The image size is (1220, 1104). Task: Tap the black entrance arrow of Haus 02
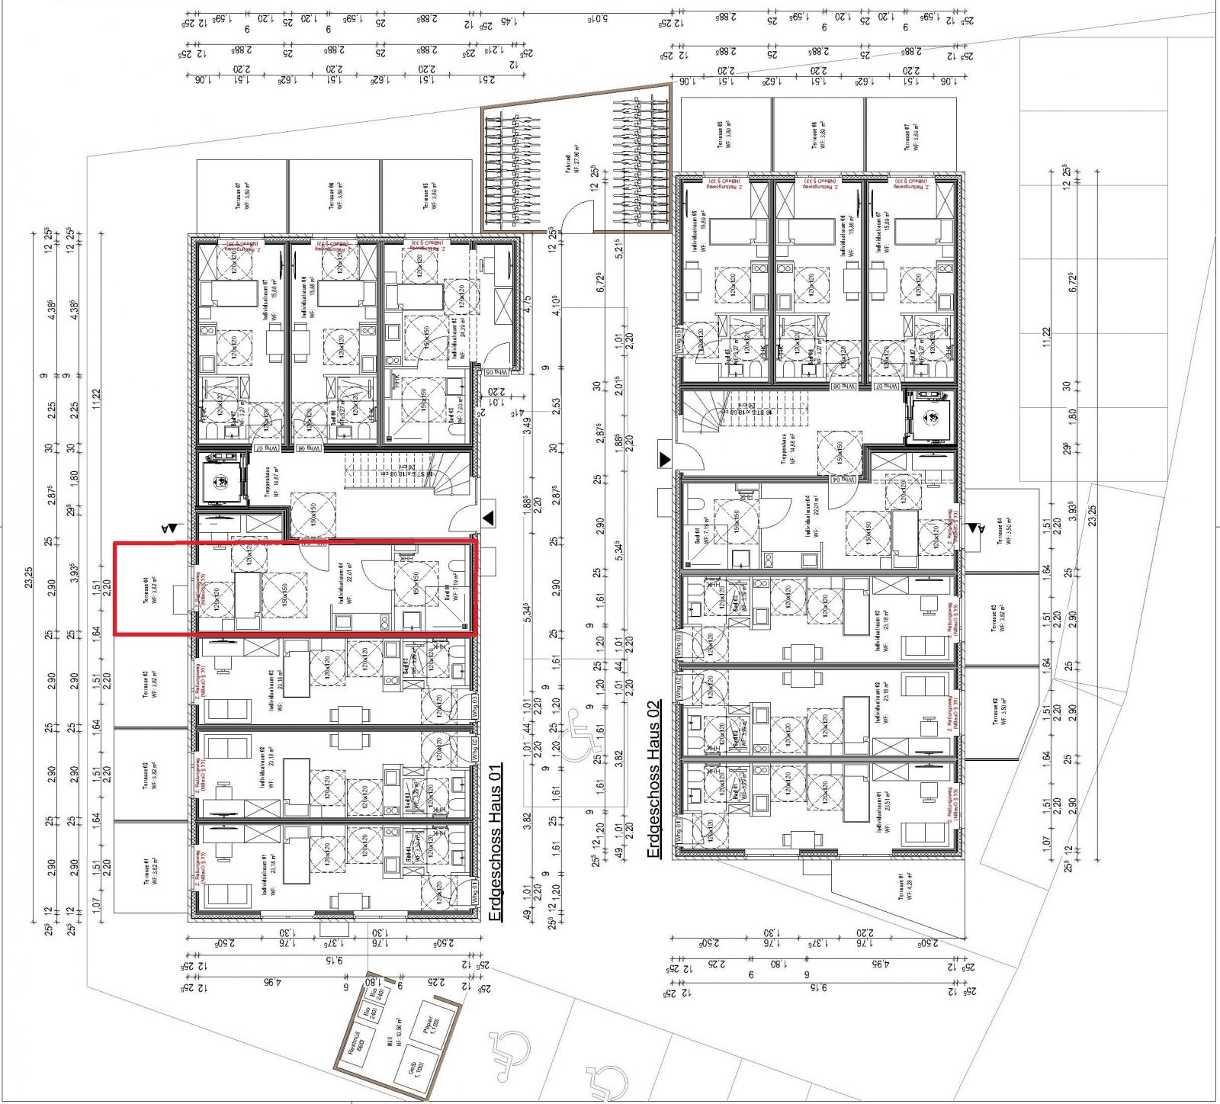click(x=665, y=460)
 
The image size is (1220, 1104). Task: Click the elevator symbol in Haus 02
click(x=930, y=416)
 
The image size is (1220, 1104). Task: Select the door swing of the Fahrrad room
click(x=578, y=215)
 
